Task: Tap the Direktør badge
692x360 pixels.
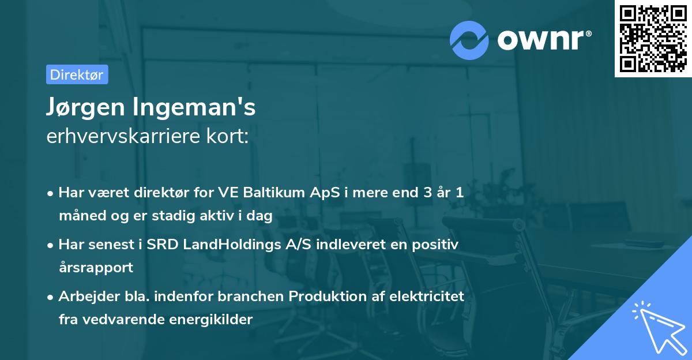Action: [77, 74]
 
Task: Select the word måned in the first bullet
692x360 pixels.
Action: [78, 216]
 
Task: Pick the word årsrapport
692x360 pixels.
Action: [96, 268]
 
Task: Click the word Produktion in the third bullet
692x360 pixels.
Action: [320, 297]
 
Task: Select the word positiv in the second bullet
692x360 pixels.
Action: [436, 245]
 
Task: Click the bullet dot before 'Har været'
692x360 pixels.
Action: [51, 193]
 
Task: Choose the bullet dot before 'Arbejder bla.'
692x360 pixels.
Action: [51, 297]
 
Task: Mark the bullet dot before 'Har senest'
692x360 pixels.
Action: [51, 245]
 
